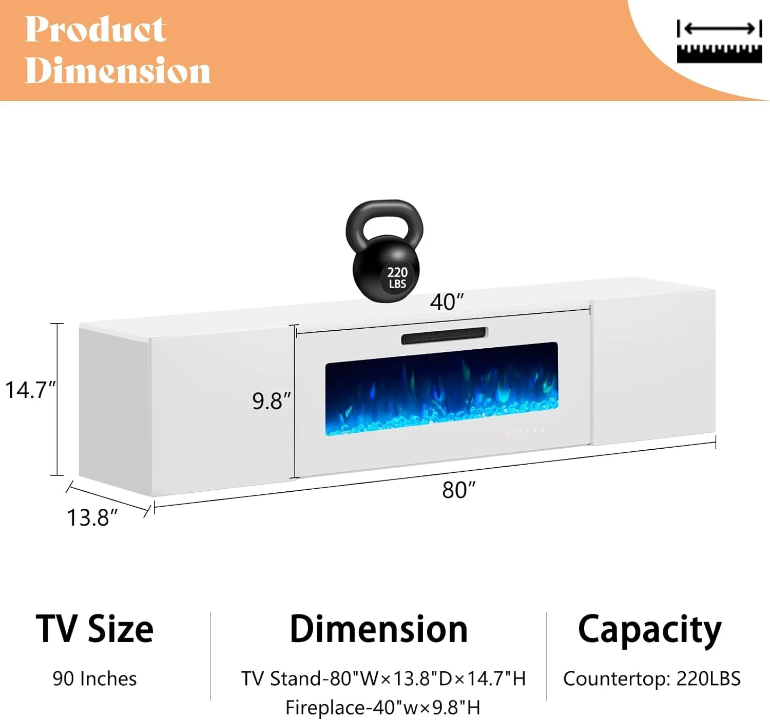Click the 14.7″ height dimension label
[x=30, y=390]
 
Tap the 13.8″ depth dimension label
[x=92, y=517]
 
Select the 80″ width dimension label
[x=459, y=490]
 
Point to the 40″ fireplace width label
[x=447, y=302]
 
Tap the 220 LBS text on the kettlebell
[x=397, y=278]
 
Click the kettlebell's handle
[x=384, y=221]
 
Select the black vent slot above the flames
[x=445, y=335]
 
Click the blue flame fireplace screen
[x=441, y=389]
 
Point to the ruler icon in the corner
[x=720, y=54]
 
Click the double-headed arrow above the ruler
[x=720, y=29]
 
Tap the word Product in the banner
[x=96, y=29]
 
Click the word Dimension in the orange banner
[x=118, y=70]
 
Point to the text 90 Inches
[x=94, y=679]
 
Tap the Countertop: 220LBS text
[x=652, y=679]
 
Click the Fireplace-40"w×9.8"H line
[x=382, y=708]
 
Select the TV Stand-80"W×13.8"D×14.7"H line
[x=383, y=679]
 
